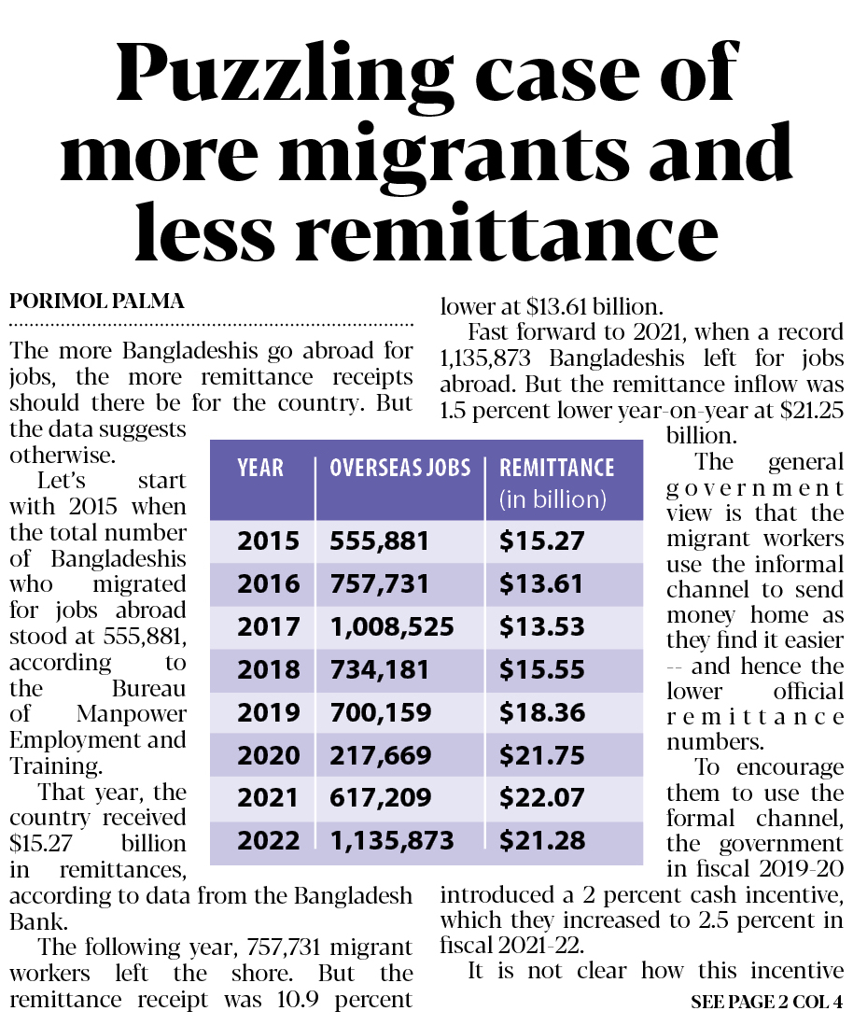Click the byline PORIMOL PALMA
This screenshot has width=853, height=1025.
click(97, 301)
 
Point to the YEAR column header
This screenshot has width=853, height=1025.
click(260, 468)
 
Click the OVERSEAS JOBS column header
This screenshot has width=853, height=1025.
click(400, 468)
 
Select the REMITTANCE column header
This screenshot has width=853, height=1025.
click(557, 468)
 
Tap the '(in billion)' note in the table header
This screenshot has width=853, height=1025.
click(553, 499)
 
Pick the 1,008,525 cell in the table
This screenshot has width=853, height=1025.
click(392, 627)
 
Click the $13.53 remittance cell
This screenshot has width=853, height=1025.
click(542, 627)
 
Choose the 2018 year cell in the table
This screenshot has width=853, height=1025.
click(268, 669)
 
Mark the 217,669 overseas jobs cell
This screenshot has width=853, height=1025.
click(381, 755)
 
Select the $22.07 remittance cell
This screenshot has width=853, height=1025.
click(542, 797)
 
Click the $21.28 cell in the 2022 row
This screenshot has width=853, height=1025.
click(542, 840)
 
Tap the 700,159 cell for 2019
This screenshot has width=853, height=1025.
click(381, 712)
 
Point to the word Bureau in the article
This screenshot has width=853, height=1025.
click(149, 688)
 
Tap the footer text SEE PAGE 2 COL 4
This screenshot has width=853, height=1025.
click(767, 1002)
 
